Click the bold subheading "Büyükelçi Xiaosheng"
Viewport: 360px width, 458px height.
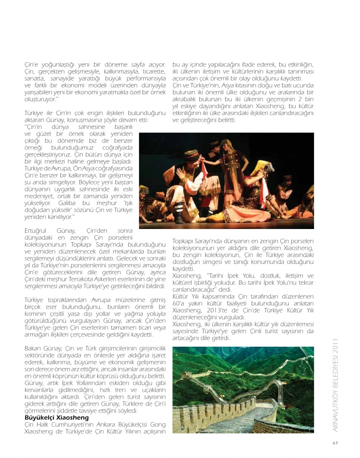(57, 418)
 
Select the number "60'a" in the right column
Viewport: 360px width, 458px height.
(179, 304)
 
